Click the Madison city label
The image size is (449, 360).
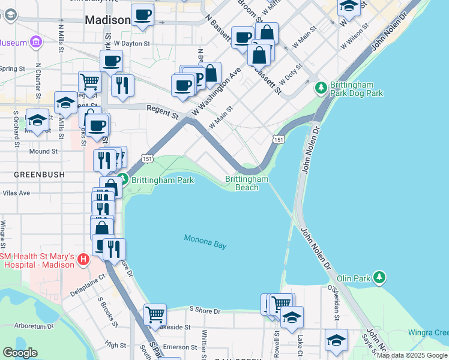point(107,20)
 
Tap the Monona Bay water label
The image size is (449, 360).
point(206,242)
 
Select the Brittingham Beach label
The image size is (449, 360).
point(247,183)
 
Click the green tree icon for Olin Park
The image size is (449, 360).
point(379,277)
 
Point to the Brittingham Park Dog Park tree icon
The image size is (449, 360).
point(321,88)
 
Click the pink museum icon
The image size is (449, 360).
point(37,42)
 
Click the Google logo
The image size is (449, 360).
point(20,353)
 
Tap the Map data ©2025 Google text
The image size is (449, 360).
point(411,356)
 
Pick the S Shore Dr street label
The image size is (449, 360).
point(205,311)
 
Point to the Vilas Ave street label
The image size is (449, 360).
point(16,193)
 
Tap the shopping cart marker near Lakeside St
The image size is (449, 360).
point(155,314)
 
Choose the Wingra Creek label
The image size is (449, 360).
point(427,332)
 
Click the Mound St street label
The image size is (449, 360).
point(43,152)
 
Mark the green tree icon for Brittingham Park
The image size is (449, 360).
point(124,179)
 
